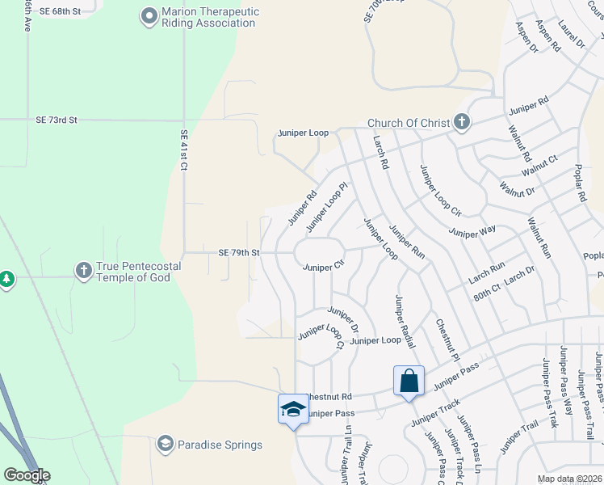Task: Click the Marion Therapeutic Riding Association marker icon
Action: [x=149, y=16]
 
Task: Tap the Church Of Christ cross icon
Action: [x=461, y=123]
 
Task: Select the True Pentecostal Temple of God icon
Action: [x=83, y=271]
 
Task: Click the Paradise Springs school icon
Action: [x=166, y=444]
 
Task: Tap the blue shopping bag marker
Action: [x=409, y=380]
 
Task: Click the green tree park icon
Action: [x=6, y=279]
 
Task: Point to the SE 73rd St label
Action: [x=57, y=120]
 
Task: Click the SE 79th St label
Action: [x=238, y=252]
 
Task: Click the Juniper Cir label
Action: [x=323, y=267]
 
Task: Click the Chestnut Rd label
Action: [x=329, y=397]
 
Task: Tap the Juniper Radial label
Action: [x=404, y=322]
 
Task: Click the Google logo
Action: [x=27, y=475]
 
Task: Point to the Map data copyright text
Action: [x=568, y=479]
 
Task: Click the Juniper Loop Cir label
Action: [x=439, y=191]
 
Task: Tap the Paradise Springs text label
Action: [x=220, y=445]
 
